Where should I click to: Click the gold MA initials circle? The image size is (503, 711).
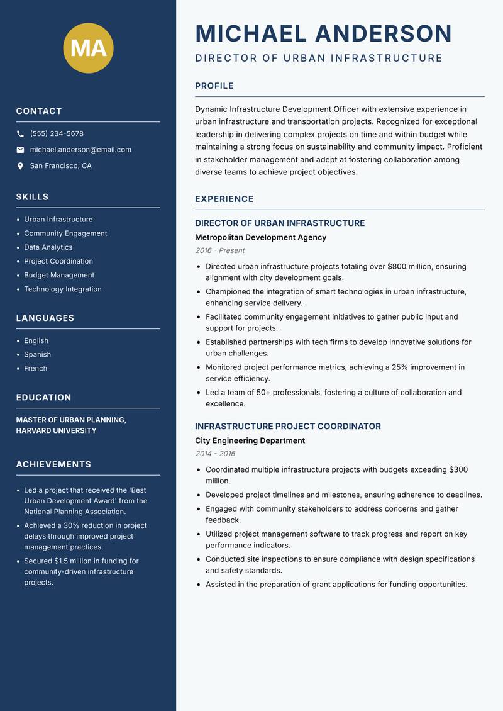(x=89, y=48)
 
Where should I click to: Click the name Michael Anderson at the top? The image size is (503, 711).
(x=323, y=33)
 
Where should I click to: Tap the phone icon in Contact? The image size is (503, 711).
(x=20, y=134)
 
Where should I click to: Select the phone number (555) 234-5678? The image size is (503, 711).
(x=57, y=134)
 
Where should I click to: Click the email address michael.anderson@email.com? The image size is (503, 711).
(x=80, y=150)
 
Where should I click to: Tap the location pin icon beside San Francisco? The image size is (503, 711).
(x=20, y=166)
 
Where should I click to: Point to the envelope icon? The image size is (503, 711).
(x=20, y=150)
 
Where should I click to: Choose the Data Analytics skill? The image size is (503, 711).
(x=48, y=247)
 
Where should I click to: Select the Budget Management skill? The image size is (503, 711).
(x=59, y=275)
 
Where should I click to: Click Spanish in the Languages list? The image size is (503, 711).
(x=38, y=354)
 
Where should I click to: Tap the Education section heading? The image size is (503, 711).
(x=43, y=398)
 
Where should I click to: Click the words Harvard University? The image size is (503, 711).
(x=56, y=431)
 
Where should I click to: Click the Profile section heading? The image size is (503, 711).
(x=214, y=86)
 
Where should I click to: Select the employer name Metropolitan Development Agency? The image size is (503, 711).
(x=260, y=237)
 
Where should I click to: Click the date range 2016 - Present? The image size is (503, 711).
(x=219, y=250)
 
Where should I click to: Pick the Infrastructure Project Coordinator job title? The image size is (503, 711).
(x=287, y=426)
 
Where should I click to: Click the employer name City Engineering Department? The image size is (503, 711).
(x=250, y=440)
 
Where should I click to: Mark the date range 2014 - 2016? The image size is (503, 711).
(x=215, y=454)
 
